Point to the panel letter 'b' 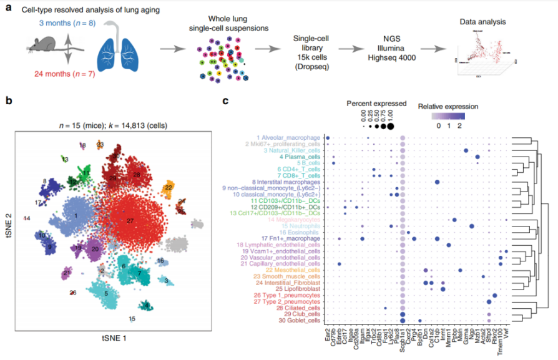[x=7, y=100]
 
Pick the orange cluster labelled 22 [x=169, y=187]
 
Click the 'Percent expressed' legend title [x=376, y=103]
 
